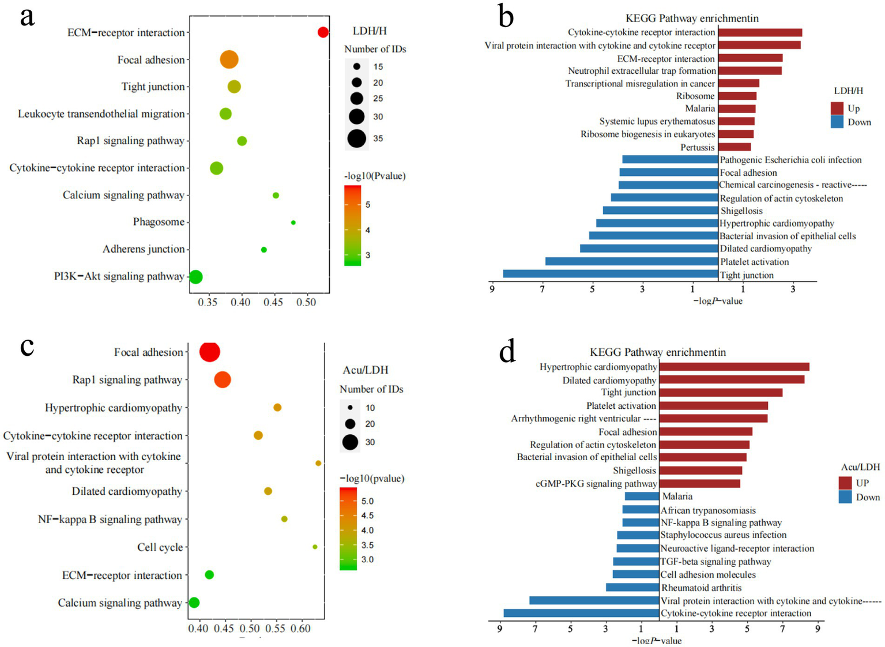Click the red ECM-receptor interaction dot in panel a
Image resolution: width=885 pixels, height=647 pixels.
click(323, 32)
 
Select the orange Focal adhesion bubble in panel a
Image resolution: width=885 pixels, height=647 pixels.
click(229, 59)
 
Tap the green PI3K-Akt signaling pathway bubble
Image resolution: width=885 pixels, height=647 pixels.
click(195, 277)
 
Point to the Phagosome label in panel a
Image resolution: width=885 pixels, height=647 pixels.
click(159, 222)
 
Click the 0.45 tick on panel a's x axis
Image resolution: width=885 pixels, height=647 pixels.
click(274, 302)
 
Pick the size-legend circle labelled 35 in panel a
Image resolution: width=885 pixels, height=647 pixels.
click(357, 138)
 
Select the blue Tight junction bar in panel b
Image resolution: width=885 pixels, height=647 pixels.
click(611, 274)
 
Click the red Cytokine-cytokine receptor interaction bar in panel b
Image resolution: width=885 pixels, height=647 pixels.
click(760, 33)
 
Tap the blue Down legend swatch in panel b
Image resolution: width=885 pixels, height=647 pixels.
click(837, 122)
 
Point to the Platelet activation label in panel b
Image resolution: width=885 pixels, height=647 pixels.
click(754, 262)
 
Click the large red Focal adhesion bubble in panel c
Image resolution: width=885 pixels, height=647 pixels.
click(209, 352)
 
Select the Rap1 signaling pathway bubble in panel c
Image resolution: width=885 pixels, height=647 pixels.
click(223, 379)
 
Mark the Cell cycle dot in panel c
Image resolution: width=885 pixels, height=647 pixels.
click(315, 547)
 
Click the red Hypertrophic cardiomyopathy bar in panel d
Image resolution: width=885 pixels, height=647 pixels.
click(734, 367)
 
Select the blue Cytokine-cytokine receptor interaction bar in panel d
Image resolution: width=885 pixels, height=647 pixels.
click(581, 613)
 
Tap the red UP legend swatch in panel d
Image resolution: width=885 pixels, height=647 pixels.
click(845, 483)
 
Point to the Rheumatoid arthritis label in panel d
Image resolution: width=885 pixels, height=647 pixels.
click(701, 588)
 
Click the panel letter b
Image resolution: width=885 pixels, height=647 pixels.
click(506, 17)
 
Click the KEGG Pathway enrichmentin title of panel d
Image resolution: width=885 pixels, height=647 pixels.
click(657, 352)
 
